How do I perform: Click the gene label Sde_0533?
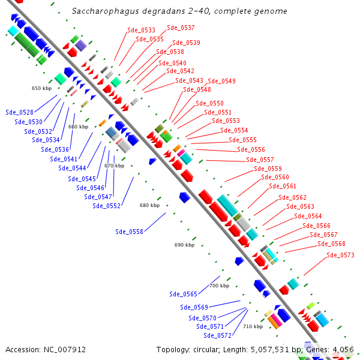pyautogui.click(x=141, y=30)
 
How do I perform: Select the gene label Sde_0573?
pyautogui.click(x=340, y=256)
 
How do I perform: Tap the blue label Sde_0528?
pyautogui.click(x=19, y=112)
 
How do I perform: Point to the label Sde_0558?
pyautogui.click(x=129, y=232)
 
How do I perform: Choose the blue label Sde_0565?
pyautogui.click(x=183, y=294)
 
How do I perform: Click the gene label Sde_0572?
pyautogui.click(x=217, y=335)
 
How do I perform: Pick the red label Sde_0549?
pyautogui.click(x=221, y=81)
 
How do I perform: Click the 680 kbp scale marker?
pyautogui.click(x=150, y=205)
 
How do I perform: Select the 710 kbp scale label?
pyautogui.click(x=253, y=326)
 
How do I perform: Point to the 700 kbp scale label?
pyautogui.click(x=219, y=286)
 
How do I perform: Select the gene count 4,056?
pyautogui.click(x=342, y=349)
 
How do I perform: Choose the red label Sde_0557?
pyautogui.click(x=260, y=160)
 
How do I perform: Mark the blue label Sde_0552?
pyautogui.click(x=106, y=206)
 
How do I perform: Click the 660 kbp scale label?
pyautogui.click(x=78, y=127)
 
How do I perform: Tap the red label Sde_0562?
pyautogui.click(x=292, y=197)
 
